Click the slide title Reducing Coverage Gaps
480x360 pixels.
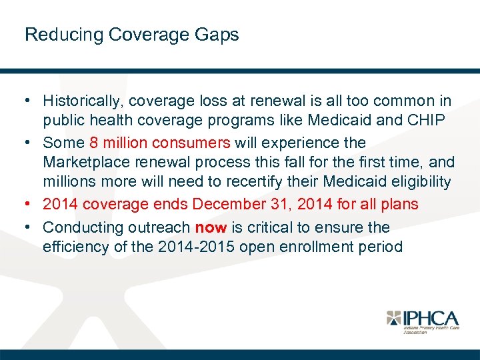(131, 35)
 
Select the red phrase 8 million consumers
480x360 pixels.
(158, 143)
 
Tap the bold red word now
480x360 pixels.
(211, 227)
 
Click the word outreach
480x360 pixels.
(159, 227)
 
